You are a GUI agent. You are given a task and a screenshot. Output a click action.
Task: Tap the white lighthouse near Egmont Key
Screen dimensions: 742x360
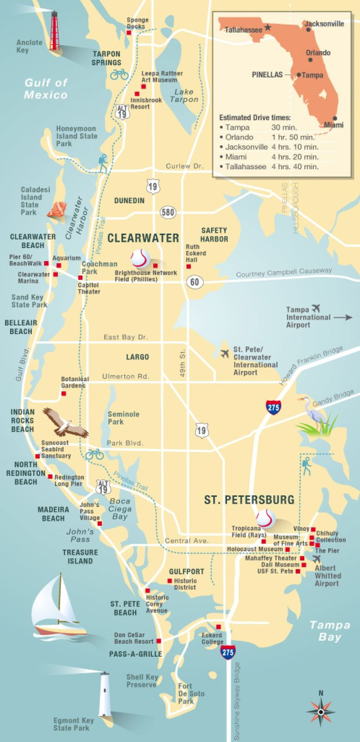pyautogui.click(x=104, y=695)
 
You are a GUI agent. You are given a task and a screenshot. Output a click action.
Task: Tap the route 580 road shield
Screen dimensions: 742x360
pyautogui.click(x=168, y=212)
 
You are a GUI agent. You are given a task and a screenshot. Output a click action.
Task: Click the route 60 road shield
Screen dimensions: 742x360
pyautogui.click(x=195, y=281)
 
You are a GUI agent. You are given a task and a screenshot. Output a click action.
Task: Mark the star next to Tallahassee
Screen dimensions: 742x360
pyautogui.click(x=268, y=27)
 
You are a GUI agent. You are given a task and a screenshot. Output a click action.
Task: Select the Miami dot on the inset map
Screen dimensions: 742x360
pyautogui.click(x=335, y=118)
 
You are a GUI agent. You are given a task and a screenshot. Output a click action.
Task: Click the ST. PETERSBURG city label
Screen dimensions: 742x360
pyautogui.click(x=249, y=500)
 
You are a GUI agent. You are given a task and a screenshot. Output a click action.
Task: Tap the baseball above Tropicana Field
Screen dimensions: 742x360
pyautogui.click(x=266, y=518)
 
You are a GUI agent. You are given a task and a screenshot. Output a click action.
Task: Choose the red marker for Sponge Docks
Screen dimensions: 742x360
pyautogui.click(x=129, y=33)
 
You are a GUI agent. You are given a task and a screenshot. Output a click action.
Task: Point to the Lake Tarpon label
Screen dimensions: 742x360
pyautogui.click(x=184, y=95)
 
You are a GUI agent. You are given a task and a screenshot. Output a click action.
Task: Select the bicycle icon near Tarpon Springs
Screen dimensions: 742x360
pyautogui.click(x=119, y=74)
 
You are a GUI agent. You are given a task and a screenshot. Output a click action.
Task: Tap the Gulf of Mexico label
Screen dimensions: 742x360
pyautogui.click(x=46, y=89)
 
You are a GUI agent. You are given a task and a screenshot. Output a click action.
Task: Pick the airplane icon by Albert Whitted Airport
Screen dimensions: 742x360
pyautogui.click(x=317, y=558)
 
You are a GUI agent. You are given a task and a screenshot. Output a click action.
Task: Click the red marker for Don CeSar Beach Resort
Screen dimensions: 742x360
pyautogui.click(x=158, y=641)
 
